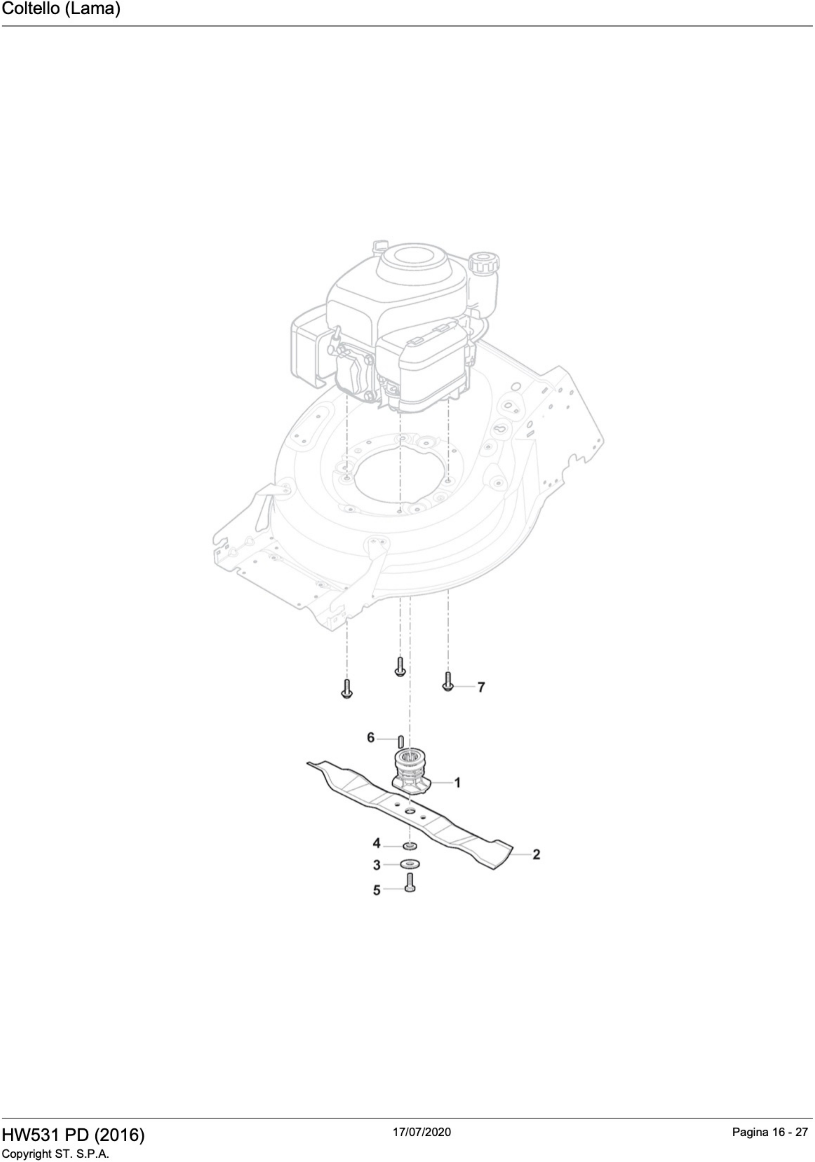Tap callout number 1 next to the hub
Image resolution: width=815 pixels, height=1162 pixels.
[457, 783]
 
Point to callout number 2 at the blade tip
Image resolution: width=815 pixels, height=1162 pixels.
[536, 854]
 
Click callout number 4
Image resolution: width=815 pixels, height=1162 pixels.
[376, 843]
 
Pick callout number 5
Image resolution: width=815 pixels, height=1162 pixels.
[376, 890]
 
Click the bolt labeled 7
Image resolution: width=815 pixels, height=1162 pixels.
[447, 682]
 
